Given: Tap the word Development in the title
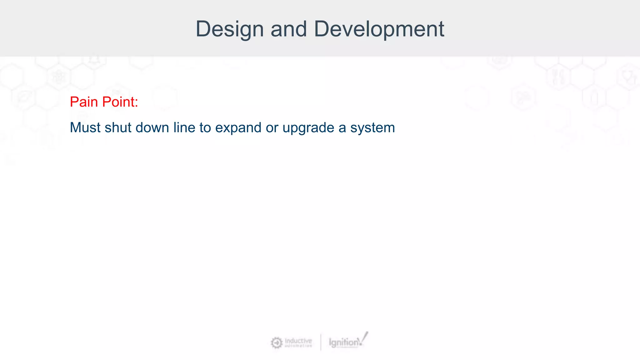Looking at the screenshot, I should click(x=379, y=29).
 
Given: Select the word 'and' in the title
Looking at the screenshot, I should click(x=289, y=29).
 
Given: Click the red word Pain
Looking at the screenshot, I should click(x=84, y=102).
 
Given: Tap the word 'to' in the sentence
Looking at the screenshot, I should click(x=205, y=127).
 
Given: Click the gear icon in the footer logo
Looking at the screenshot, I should click(x=277, y=343).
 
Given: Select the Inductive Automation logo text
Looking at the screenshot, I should click(x=298, y=342).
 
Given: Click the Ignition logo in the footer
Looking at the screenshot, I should click(x=344, y=342).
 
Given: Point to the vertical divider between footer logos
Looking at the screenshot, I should click(x=321, y=342).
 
